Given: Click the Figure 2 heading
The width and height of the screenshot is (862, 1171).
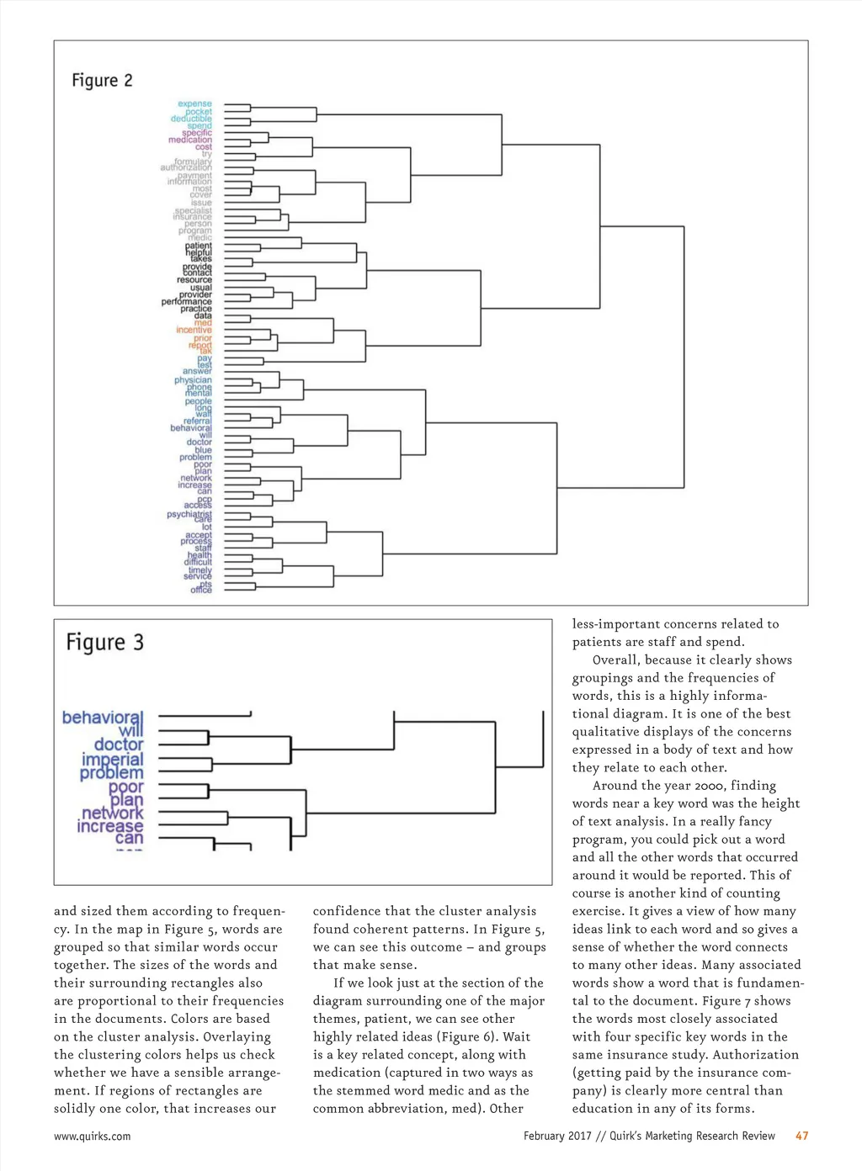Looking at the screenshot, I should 102,81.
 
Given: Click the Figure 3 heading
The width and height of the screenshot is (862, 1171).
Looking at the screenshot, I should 105,643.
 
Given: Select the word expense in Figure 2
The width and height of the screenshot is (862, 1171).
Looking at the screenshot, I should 194,103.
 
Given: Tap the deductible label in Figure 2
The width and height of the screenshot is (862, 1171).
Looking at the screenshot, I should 191,119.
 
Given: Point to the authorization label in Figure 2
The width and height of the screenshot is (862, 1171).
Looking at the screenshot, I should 186,167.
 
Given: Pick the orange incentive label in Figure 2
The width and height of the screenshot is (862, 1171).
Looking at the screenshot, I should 194,330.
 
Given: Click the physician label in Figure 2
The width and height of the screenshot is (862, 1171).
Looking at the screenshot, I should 193,380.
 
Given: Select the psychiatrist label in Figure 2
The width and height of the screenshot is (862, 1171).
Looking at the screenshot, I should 189,514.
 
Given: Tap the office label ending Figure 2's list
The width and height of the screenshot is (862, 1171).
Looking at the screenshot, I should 201,591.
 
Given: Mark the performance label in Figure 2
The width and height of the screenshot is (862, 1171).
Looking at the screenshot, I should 186,301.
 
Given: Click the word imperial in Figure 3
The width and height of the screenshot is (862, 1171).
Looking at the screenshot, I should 112,759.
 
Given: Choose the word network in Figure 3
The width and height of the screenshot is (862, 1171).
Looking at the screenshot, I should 112,813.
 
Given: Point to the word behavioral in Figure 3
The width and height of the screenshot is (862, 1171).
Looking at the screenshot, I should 102,718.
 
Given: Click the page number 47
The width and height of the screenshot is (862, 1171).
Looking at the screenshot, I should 801,1136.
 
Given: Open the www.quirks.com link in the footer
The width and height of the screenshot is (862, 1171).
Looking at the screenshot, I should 92,1136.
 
